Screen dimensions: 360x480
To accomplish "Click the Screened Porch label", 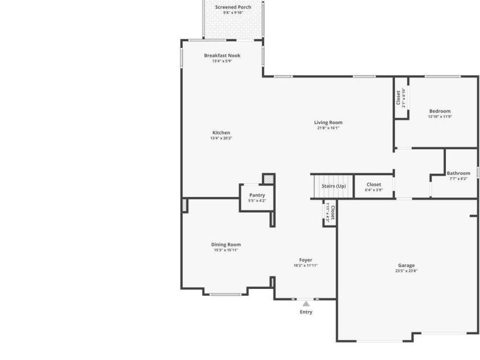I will pos(233,7).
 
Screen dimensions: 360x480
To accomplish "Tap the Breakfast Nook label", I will pos(222,55).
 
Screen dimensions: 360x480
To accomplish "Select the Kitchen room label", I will pos(221,133).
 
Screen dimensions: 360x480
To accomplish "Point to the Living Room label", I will pos(328,122).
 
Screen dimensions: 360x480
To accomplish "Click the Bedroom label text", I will pos(440,111).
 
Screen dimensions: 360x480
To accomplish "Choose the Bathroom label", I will pos(458,173).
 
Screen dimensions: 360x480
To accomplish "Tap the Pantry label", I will pos(257,195).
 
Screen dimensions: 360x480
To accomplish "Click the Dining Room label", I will pos(225,244).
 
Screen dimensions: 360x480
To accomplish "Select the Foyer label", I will pos(305,260).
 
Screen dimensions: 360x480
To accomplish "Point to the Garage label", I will pos(406,265).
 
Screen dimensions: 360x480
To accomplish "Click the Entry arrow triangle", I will pos(306,304).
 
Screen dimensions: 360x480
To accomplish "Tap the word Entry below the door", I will pos(306,312).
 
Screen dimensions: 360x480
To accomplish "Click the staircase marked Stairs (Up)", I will pos(333,186).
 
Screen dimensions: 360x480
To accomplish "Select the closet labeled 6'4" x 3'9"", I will pos(374,187).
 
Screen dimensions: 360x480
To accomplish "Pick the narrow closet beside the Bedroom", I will pos(401,97).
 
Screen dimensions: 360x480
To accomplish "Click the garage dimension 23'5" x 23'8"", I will pos(406,271).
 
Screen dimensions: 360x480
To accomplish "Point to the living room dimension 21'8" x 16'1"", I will pos(328,128).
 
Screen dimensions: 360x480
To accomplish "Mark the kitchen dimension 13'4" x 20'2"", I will pos(221,138).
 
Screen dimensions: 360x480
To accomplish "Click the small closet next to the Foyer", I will pos(330,213).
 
